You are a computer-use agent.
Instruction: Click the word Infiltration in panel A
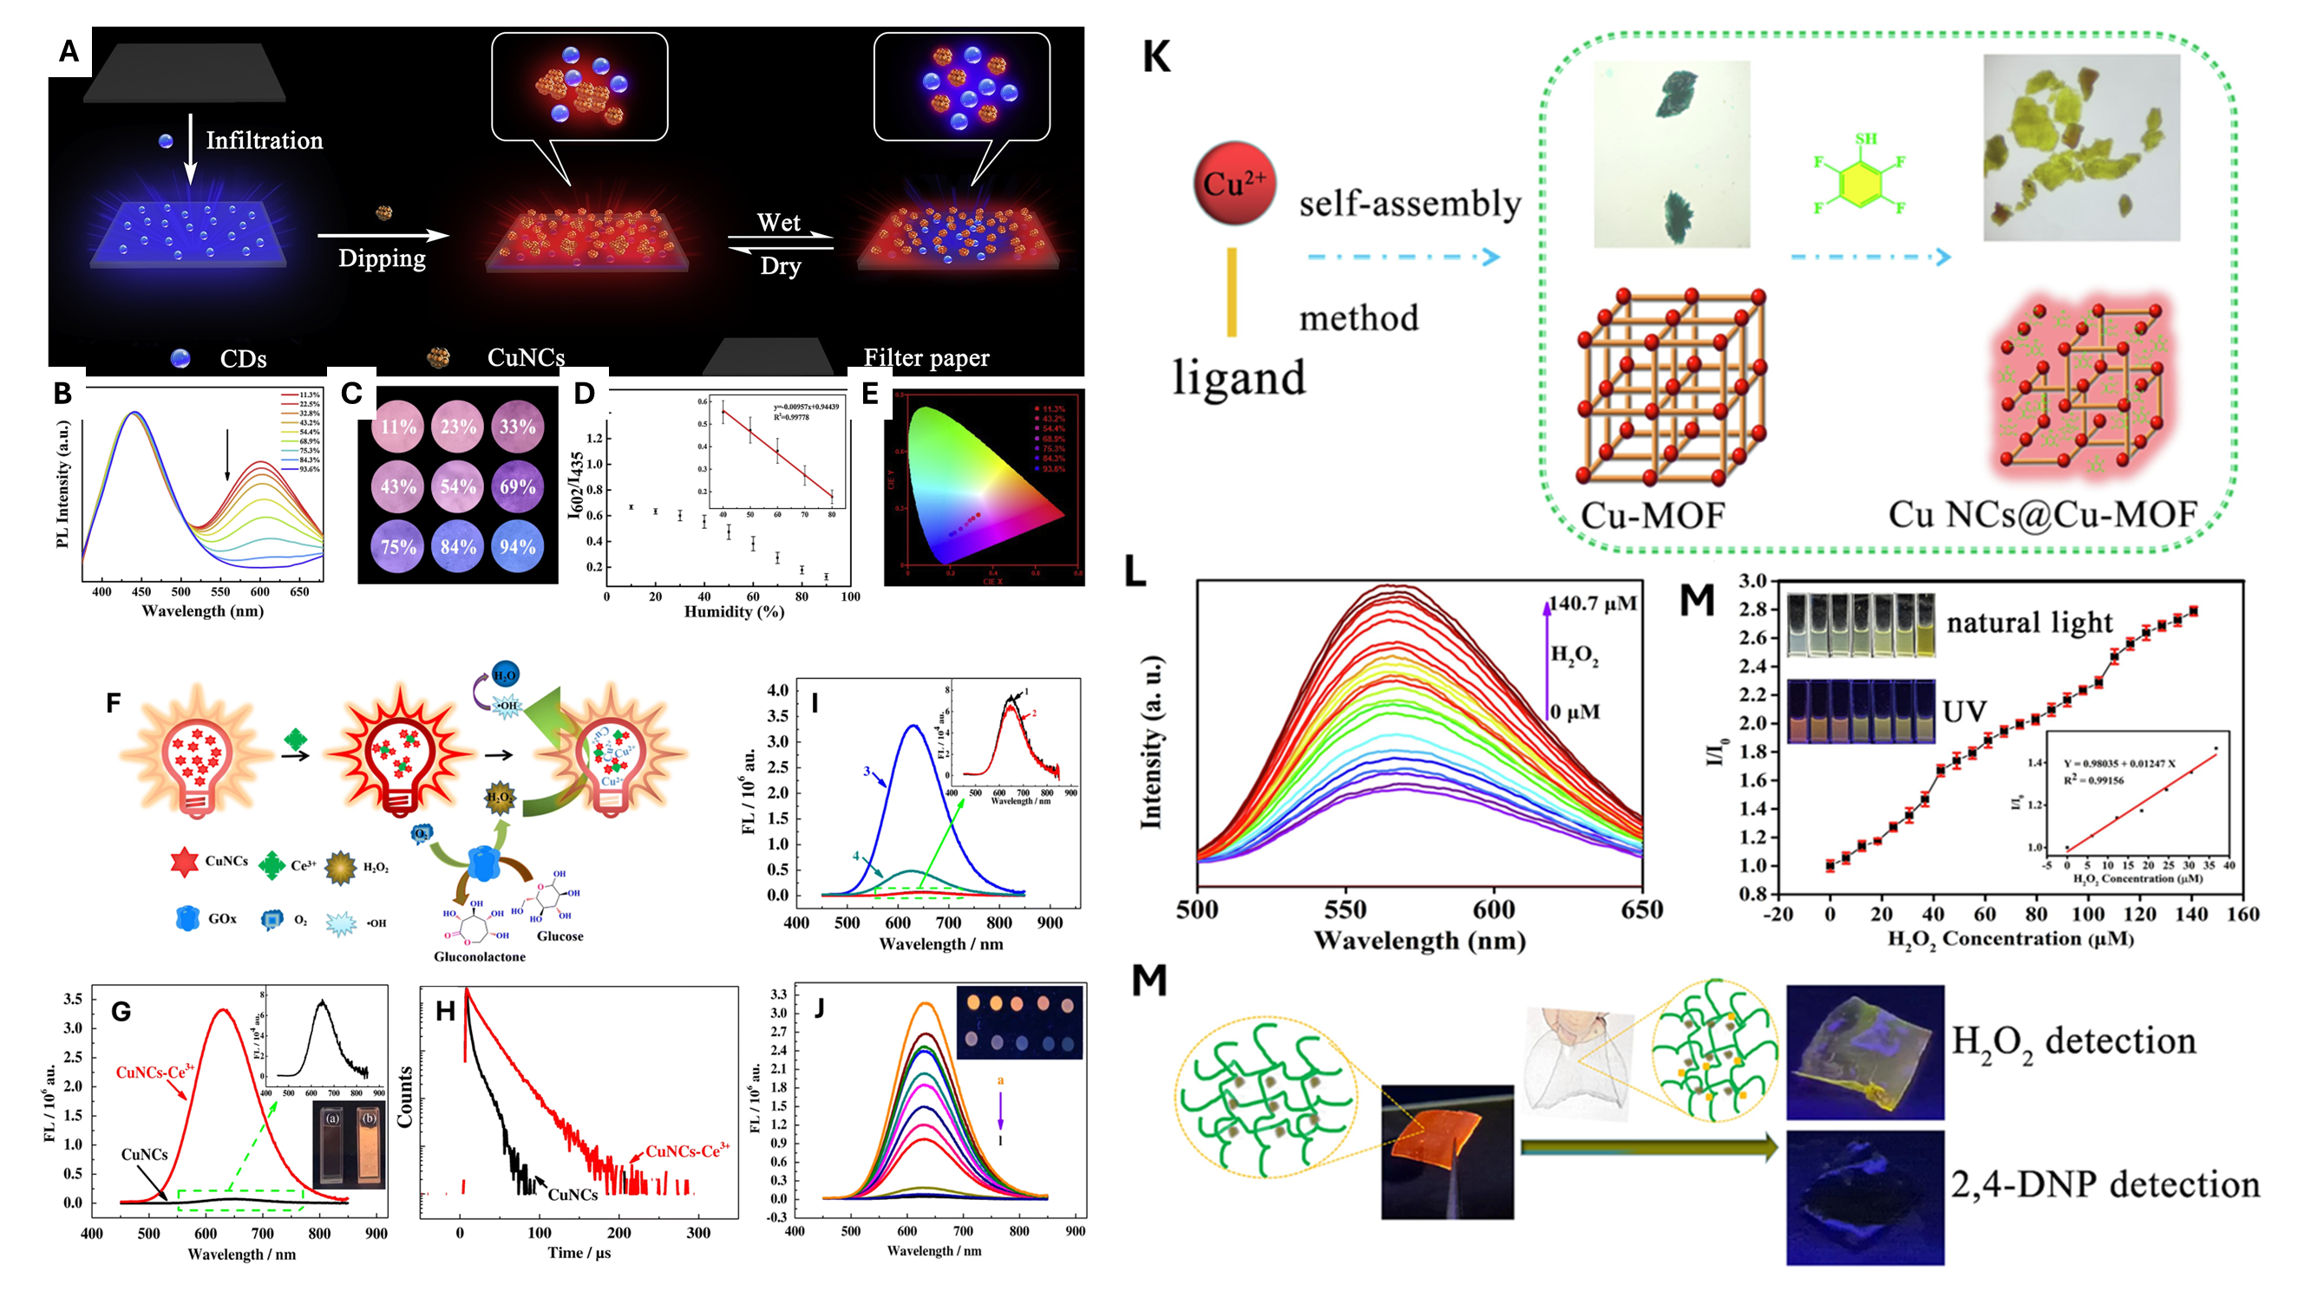click(264, 140)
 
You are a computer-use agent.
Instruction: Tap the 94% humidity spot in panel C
click(517, 546)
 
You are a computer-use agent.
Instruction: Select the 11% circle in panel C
click(397, 426)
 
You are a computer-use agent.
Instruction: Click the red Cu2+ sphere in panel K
click(1234, 184)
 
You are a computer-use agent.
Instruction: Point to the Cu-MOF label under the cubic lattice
click(1653, 515)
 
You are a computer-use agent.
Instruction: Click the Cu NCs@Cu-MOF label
click(2042, 514)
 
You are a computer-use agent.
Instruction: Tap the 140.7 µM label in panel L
click(1593, 603)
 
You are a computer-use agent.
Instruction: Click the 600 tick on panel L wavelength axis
click(1493, 910)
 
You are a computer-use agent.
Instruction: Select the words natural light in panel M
click(2029, 623)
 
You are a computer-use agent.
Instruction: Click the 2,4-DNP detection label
click(2104, 1185)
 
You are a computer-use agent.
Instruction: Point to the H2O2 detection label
click(2073, 1042)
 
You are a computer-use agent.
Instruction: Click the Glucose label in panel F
click(560, 936)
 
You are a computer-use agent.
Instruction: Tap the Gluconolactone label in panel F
click(480, 956)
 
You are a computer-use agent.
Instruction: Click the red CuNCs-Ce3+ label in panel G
click(154, 1072)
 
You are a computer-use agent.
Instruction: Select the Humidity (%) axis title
click(734, 612)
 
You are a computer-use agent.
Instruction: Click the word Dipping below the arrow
click(382, 259)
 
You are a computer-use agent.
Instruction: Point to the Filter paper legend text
click(926, 358)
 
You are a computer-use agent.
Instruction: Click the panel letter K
click(1155, 57)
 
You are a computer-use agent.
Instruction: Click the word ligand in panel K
click(1239, 378)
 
